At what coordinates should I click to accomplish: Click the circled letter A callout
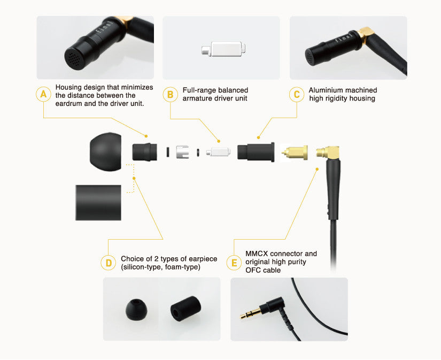pos(44,94)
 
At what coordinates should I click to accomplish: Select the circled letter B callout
pos(170,94)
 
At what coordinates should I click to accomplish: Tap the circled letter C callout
pos(297,94)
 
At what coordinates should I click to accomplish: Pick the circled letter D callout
pos(109,263)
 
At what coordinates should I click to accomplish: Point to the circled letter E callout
pos(234,263)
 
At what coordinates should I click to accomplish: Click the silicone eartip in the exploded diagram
pos(105,152)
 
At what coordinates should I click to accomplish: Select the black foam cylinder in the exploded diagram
pos(98,203)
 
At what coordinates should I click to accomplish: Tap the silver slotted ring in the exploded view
pos(182,152)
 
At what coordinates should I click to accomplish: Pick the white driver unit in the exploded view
pos(218,152)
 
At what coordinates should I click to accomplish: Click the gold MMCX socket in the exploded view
pos(295,152)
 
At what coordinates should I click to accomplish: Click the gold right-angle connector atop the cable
pos(328,153)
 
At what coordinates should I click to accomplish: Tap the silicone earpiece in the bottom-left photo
pos(136,309)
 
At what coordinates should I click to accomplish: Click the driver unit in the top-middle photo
pos(223,49)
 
